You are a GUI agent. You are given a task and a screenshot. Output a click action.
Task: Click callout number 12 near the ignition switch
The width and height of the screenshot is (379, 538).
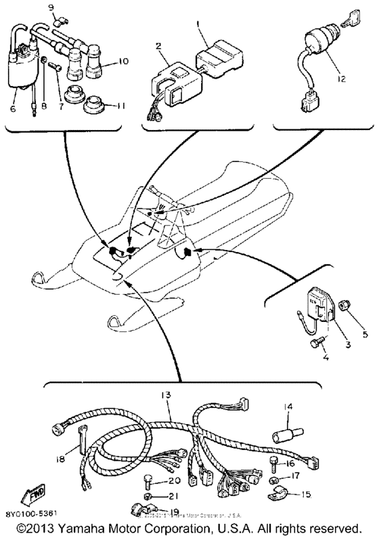click(x=341, y=79)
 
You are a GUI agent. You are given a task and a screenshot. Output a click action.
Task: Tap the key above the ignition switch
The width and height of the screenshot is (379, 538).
click(x=354, y=24)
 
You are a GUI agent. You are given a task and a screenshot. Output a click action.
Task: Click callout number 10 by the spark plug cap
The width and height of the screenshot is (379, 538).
click(x=123, y=61)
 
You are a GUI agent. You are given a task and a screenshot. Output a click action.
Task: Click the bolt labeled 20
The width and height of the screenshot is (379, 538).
click(x=148, y=483)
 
